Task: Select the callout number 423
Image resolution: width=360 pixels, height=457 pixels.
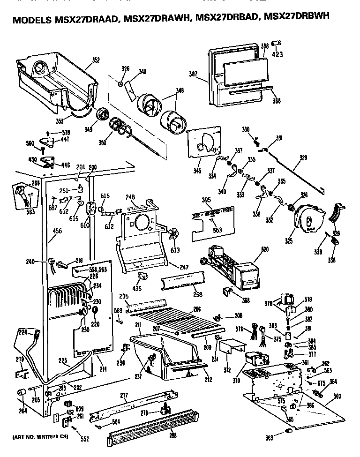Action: pyautogui.click(x=277, y=54)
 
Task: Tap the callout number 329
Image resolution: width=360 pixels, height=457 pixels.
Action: pyautogui.click(x=304, y=158)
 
